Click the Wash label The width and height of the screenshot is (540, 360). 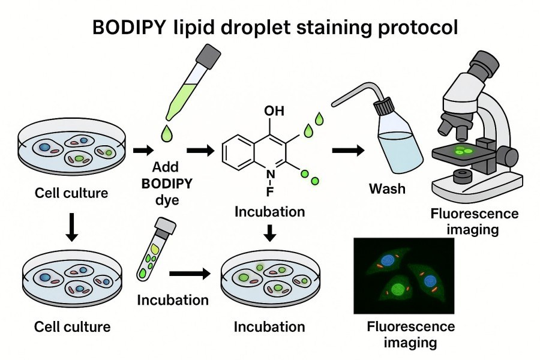(386, 189)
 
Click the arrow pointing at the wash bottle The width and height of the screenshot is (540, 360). (347, 151)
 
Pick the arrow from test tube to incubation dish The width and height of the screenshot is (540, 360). (190, 274)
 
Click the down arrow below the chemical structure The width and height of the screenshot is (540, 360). (271, 232)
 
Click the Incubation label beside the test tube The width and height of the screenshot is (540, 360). (173, 300)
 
